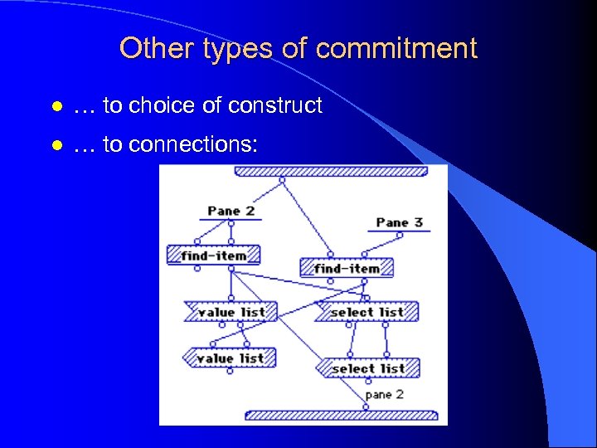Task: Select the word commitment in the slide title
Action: pyautogui.click(x=396, y=48)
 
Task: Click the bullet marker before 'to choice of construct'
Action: pyautogui.click(x=55, y=107)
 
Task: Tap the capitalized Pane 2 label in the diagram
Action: pyautogui.click(x=231, y=211)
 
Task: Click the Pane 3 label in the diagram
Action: pyautogui.click(x=399, y=222)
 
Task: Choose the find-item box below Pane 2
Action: pyautogui.click(x=213, y=256)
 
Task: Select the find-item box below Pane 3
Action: pyautogui.click(x=346, y=269)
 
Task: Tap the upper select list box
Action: pyautogui.click(x=366, y=312)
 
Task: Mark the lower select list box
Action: pyautogui.click(x=367, y=368)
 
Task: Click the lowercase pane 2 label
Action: pyautogui.click(x=384, y=394)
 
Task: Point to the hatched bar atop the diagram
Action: pyautogui.click(x=331, y=172)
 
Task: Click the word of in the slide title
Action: pyautogui.click(x=294, y=48)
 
